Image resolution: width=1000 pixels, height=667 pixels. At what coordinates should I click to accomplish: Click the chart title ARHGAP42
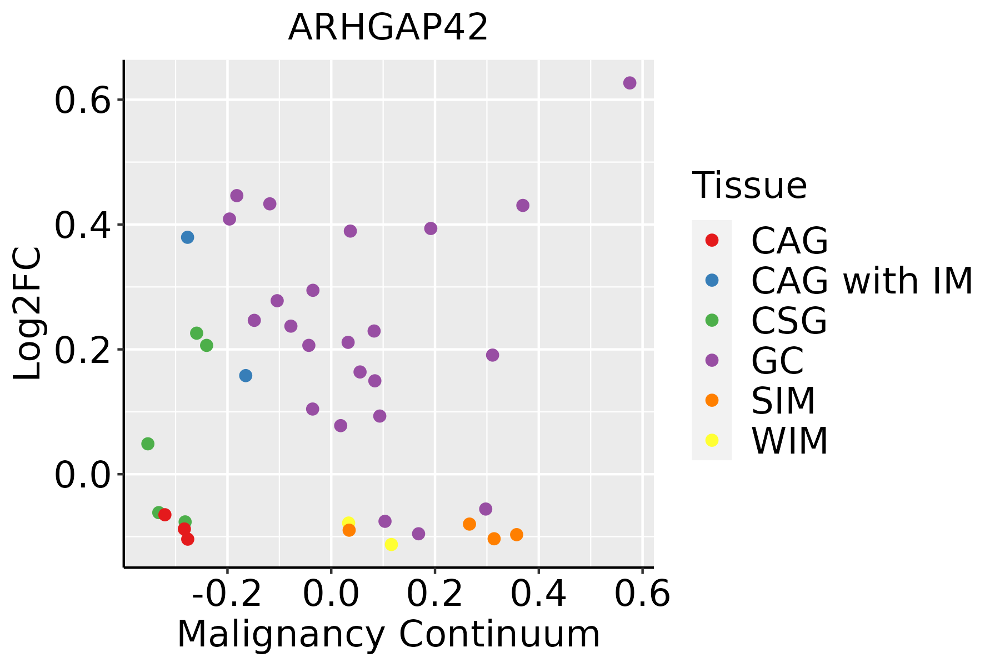click(388, 28)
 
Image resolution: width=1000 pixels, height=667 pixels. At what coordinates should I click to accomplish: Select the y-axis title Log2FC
click(28, 313)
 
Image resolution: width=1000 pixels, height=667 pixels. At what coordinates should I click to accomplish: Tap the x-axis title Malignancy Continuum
click(388, 634)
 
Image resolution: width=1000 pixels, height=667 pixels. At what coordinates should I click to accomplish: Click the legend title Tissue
click(749, 186)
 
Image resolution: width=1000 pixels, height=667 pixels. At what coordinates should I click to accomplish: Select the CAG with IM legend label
click(862, 281)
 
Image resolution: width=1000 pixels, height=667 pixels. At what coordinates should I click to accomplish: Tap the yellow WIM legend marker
click(712, 440)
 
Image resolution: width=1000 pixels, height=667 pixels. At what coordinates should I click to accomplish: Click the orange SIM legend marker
click(712, 400)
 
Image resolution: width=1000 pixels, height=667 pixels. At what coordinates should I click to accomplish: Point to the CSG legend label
click(789, 321)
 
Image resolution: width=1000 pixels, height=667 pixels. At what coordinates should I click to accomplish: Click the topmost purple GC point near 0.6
click(629, 83)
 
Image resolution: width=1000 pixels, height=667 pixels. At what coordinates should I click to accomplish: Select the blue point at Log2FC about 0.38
click(187, 237)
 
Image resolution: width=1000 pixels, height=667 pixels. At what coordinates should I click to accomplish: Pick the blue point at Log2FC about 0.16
click(246, 376)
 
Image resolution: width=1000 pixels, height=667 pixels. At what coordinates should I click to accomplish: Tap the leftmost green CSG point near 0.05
click(148, 444)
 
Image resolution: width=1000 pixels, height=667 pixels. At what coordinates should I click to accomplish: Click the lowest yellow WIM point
click(391, 544)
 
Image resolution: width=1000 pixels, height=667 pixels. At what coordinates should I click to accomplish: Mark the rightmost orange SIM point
click(517, 535)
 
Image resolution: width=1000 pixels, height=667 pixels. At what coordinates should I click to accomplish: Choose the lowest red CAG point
click(188, 539)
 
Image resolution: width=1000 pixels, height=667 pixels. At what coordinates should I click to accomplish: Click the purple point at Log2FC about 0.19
click(492, 355)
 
